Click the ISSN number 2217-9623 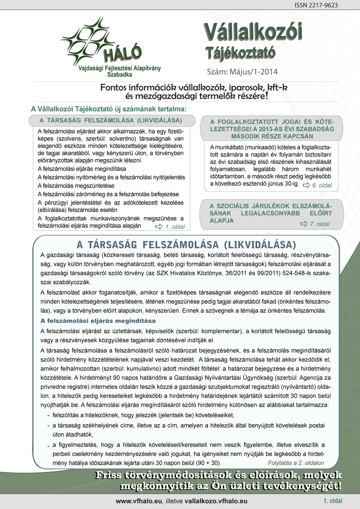(x=316, y=5)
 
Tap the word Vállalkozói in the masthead (x=253, y=32)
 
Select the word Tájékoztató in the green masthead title (x=240, y=53)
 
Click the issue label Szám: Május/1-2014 (x=242, y=72)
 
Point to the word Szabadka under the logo (x=119, y=75)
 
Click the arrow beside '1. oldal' (x=159, y=227)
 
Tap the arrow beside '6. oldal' (x=307, y=185)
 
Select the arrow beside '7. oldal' (x=304, y=224)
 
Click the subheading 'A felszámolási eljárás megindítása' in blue (x=98, y=321)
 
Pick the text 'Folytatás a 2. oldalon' (x=296, y=463)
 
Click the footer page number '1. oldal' (x=333, y=501)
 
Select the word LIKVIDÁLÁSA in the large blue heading (x=260, y=245)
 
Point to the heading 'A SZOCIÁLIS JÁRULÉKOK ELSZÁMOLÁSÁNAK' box (x=271, y=213)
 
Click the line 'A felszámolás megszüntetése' (x=76, y=186)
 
